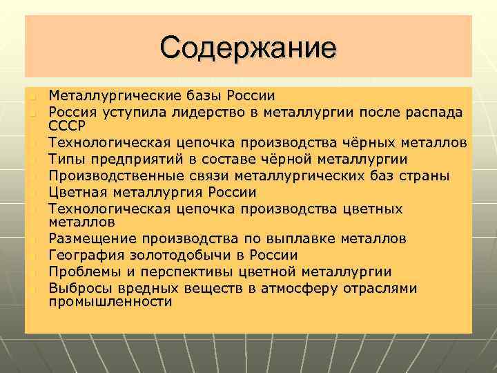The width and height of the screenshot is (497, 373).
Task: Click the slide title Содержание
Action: click(x=248, y=48)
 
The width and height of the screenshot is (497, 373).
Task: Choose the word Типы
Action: click(x=68, y=159)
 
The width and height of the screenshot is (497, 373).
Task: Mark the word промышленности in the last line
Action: click(x=110, y=303)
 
